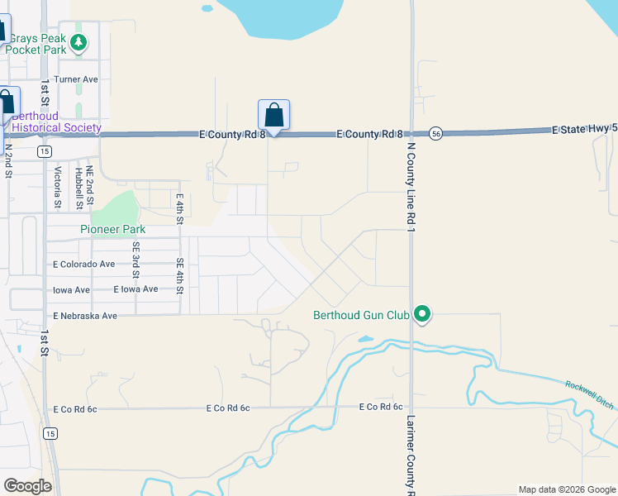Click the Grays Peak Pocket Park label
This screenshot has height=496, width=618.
pyautogui.click(x=36, y=43)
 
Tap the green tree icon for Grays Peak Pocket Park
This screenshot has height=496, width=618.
pyautogui.click(x=78, y=42)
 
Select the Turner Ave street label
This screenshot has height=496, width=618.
pyautogui.click(x=76, y=79)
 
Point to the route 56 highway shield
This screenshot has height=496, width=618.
pyautogui.click(x=436, y=133)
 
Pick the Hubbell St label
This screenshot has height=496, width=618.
pyautogui.click(x=78, y=187)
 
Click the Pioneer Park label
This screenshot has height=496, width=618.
pyautogui.click(x=112, y=229)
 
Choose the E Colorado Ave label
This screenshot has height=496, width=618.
pyautogui.click(x=83, y=265)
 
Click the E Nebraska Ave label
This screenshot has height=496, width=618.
pyautogui.click(x=85, y=316)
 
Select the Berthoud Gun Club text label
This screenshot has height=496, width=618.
pyautogui.click(x=362, y=314)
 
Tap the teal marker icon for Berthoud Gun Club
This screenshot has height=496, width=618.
pyautogui.click(x=422, y=314)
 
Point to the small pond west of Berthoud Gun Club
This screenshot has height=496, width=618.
pyautogui.click(x=365, y=339)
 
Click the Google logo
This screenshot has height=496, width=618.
pyautogui.click(x=27, y=486)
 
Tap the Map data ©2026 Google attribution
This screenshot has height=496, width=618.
pyautogui.click(x=566, y=489)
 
